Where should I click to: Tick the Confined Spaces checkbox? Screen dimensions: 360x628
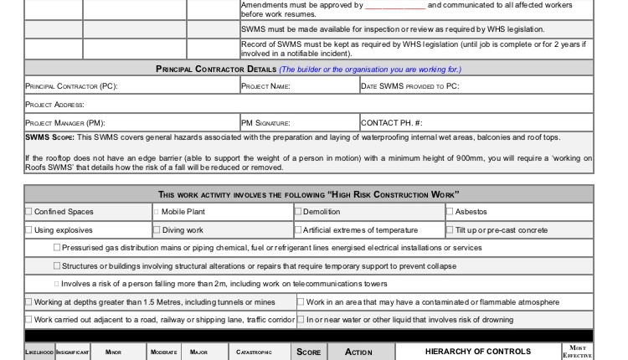(x=29, y=213)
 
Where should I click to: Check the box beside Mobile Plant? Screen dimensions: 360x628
(x=156, y=213)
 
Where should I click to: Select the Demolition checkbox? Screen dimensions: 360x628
(x=298, y=213)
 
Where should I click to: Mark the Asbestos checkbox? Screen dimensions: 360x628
(x=450, y=213)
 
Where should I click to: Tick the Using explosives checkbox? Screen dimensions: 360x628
(x=29, y=230)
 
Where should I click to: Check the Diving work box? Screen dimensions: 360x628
(x=156, y=230)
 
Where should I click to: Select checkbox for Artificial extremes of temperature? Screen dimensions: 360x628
(x=298, y=230)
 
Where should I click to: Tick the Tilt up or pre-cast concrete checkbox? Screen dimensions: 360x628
(x=450, y=230)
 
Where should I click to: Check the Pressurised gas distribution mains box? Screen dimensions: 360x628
(x=57, y=248)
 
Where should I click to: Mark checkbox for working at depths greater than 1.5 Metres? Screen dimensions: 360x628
(x=29, y=302)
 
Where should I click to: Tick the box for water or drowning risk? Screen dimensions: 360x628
(x=301, y=320)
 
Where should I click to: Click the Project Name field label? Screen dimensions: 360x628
(x=265, y=86)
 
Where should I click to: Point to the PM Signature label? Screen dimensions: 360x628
(x=265, y=123)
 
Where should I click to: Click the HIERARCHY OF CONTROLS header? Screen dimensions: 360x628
(x=477, y=352)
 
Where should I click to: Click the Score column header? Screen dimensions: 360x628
(x=309, y=352)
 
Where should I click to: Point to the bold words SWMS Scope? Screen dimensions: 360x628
(x=50, y=137)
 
